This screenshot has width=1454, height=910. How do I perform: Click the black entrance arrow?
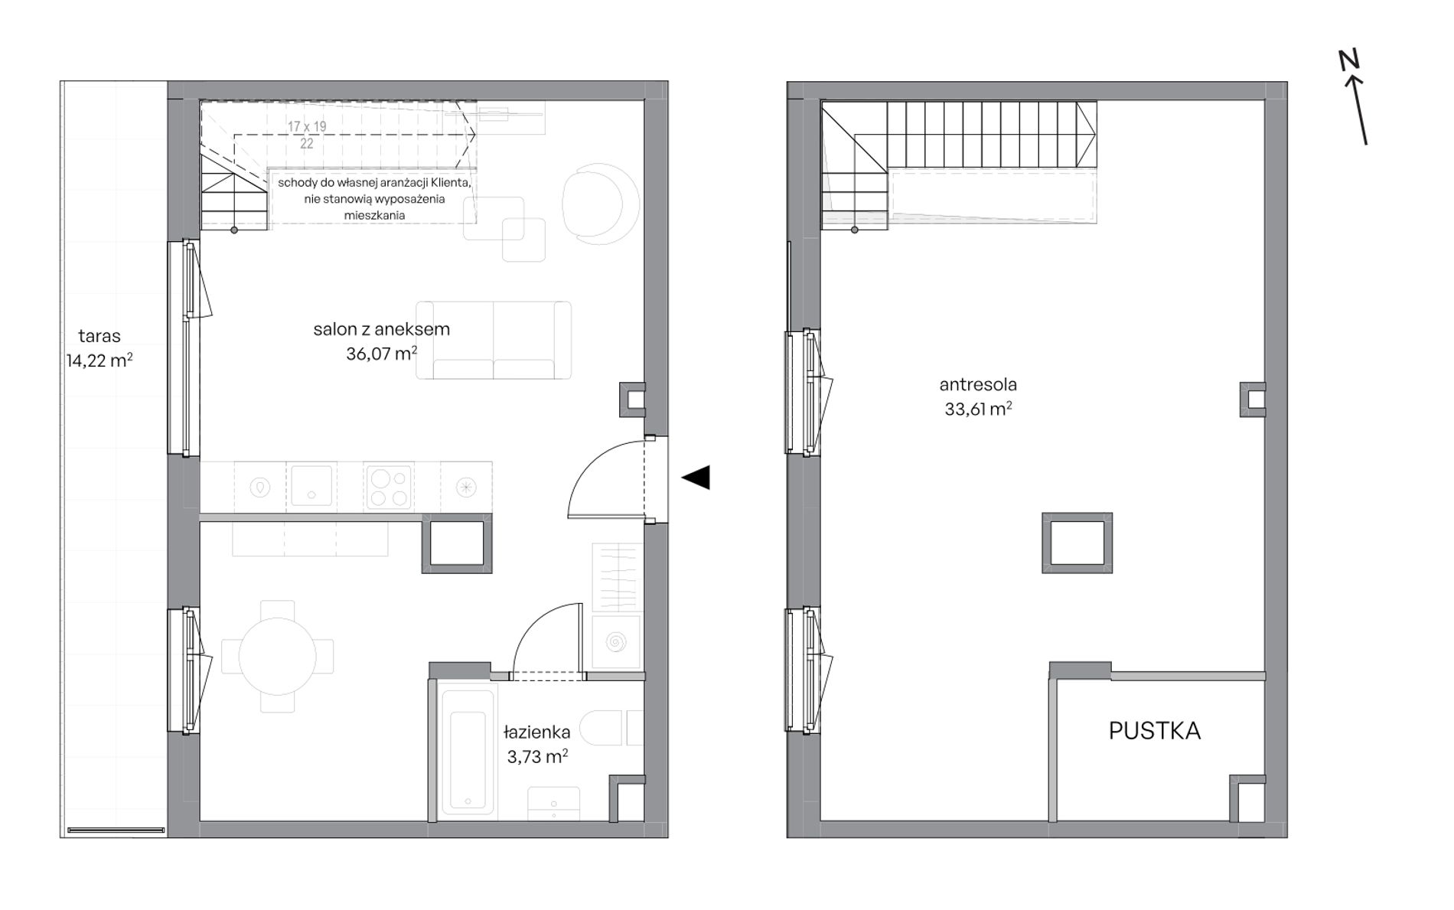pos(696,478)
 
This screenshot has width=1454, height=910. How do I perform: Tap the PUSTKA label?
pos(1155,731)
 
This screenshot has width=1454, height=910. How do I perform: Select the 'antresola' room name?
pos(978,384)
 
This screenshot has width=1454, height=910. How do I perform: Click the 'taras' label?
pos(99,335)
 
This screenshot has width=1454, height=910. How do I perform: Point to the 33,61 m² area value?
pos(978,409)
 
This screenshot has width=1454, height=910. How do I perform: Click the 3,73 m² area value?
pos(537,757)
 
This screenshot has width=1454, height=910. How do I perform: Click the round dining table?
pos(277,656)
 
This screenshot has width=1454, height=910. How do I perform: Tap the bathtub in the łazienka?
pos(468,750)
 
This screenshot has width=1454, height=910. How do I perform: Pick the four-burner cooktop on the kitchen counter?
pos(390,488)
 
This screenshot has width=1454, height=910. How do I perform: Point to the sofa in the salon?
pos(494,341)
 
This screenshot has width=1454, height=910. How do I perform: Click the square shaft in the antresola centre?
pos(1077,543)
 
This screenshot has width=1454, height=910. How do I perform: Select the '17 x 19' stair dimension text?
pos(307,126)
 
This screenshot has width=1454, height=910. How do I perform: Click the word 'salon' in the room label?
pos(335,329)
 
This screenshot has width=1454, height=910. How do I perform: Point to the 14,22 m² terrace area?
pos(99,360)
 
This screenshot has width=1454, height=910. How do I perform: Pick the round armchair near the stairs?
pos(601,204)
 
